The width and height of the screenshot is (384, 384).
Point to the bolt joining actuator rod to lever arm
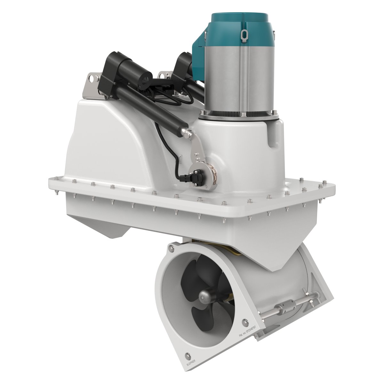(x=189, y=132)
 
